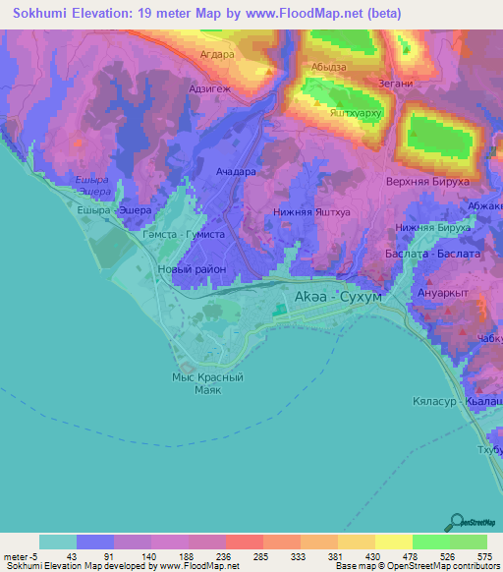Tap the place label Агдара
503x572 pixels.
[216, 55]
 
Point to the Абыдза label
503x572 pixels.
[330, 67]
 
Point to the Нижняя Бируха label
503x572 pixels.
[432, 227]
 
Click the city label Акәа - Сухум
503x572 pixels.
[337, 295]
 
